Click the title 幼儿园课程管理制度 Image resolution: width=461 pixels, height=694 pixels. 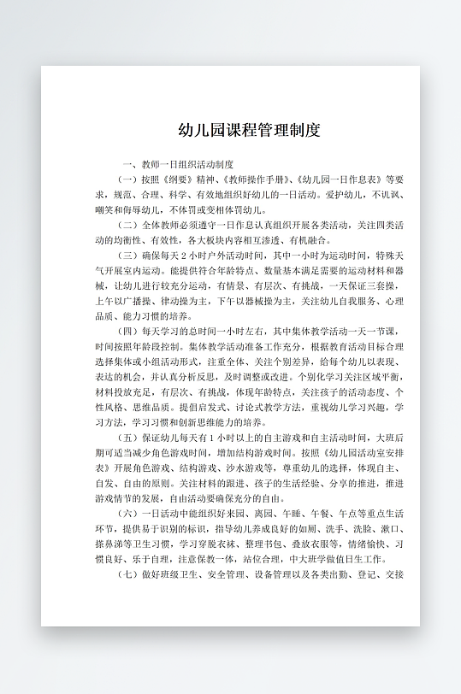[249, 131]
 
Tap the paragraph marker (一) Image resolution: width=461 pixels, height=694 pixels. [127, 179]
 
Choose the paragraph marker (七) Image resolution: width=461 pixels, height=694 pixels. [127, 575]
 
